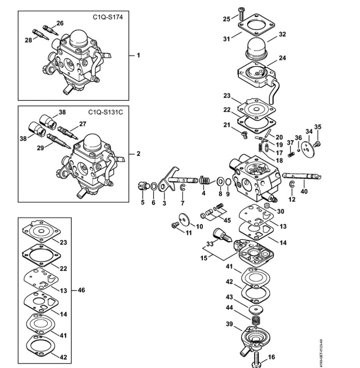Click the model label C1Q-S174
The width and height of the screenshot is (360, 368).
click(x=108, y=17)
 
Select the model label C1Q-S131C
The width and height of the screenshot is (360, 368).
click(x=105, y=112)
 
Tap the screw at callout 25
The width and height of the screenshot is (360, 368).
click(x=241, y=14)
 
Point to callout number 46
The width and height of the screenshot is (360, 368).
click(x=81, y=290)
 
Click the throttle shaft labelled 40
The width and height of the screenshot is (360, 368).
click(x=302, y=176)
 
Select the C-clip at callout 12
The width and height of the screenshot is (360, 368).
click(x=292, y=185)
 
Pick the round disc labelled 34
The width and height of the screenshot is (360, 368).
click(x=307, y=150)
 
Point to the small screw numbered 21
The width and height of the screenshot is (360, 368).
click(x=244, y=135)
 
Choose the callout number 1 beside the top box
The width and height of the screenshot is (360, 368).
click(x=138, y=55)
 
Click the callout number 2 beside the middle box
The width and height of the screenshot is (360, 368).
click(x=138, y=154)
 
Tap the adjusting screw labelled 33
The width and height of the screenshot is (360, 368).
click(x=222, y=236)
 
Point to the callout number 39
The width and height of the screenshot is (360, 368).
click(x=229, y=324)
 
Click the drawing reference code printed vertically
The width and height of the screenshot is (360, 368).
click(x=321, y=353)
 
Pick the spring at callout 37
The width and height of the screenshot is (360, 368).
click(x=291, y=154)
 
